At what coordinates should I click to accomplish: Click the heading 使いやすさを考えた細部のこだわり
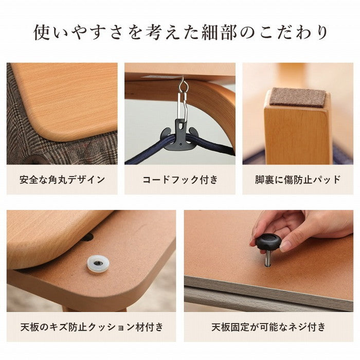[180, 32]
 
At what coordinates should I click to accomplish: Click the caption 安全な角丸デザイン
[62, 179]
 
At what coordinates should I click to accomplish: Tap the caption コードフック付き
[180, 179]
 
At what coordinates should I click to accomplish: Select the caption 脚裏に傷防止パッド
[298, 179]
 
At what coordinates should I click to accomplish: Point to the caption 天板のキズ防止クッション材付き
[91, 327]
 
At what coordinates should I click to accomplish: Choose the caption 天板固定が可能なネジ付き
[268, 327]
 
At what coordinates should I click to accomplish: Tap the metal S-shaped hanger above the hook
[182, 100]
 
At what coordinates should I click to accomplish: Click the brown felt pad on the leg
[298, 97]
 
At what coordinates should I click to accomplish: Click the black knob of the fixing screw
[268, 241]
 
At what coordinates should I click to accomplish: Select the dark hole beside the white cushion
[88, 238]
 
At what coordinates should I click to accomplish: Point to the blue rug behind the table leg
[342, 154]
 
